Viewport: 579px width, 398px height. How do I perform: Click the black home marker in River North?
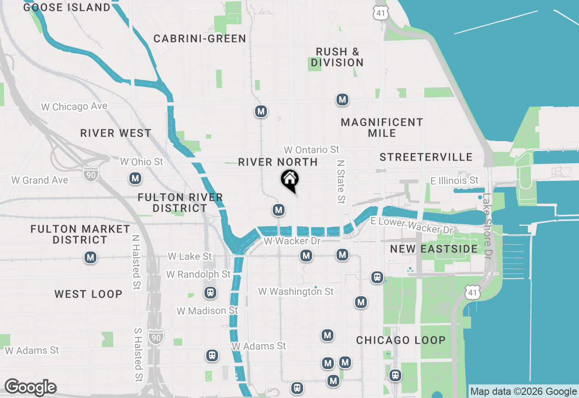pos(289,180)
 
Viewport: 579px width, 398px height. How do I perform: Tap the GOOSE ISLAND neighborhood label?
pos(66,8)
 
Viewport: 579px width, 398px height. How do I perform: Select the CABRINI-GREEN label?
pos(200,39)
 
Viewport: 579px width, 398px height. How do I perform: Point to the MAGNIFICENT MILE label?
pos(382,128)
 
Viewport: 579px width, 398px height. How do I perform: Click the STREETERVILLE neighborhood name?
pos(426,157)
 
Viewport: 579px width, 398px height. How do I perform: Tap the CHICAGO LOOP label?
pos(401,340)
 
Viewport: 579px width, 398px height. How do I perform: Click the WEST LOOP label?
pos(89,294)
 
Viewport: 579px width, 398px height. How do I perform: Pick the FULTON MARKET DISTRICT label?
pos(80,234)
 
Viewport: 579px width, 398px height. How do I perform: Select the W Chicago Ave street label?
pos(74,107)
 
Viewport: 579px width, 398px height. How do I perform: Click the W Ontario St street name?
pos(311,150)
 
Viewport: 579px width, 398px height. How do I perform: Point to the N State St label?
pos(341,180)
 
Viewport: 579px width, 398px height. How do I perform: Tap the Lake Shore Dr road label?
pos(487,226)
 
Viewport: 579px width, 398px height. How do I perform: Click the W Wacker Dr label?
pos(292,241)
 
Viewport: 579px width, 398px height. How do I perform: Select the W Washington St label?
pos(296,292)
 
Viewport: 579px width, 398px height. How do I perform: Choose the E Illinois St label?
pos(454,181)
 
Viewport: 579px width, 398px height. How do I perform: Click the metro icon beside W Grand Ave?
pos(135,179)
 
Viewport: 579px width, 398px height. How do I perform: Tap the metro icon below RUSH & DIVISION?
pos(342,100)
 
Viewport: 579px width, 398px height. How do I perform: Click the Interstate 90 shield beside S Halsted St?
pos(156,336)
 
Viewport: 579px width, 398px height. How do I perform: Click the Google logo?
pos(30,388)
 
